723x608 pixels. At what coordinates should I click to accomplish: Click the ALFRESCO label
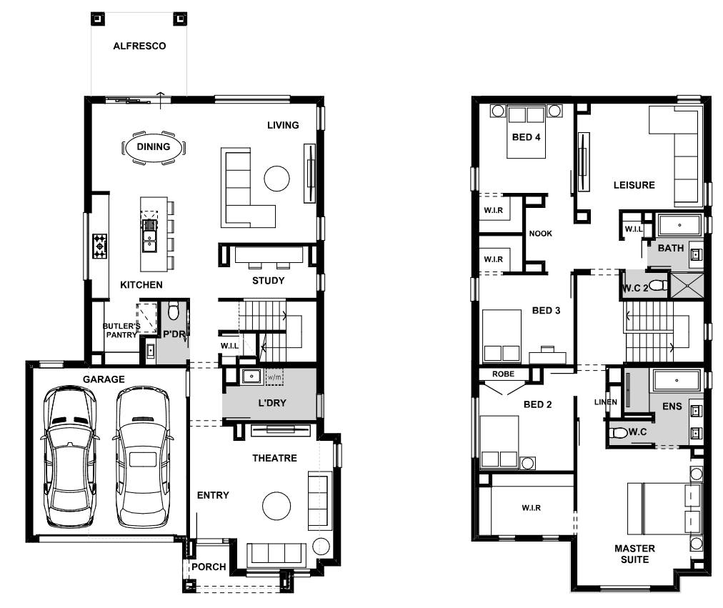139,46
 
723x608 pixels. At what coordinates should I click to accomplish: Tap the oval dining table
154,147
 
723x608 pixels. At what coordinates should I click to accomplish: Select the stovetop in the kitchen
99,246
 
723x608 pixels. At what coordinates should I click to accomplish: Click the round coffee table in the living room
276,179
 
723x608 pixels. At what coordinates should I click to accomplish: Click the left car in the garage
69,457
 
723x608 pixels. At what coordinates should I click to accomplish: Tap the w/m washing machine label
274,377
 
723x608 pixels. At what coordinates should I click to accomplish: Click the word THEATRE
274,458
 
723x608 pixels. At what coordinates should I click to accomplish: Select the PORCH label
209,567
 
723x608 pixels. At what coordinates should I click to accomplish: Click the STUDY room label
269,281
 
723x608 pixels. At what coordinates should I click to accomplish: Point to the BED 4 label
526,137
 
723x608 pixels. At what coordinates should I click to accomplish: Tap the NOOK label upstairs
540,234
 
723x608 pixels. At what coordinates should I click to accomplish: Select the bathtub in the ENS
677,381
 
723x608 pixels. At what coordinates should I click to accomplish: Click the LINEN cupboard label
605,402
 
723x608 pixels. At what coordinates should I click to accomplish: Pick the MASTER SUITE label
634,554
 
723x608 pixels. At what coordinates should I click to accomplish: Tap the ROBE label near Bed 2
503,374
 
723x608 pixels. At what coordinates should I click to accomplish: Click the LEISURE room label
634,185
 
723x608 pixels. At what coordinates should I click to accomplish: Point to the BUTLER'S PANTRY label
121,331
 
